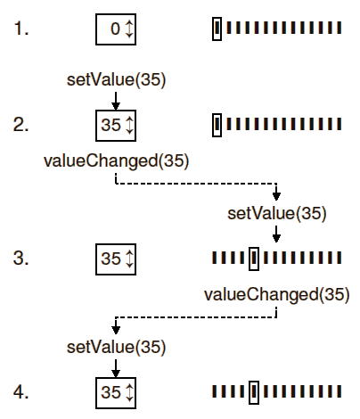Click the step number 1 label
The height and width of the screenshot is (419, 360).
[21, 29]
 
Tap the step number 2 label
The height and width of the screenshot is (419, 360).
[21, 125]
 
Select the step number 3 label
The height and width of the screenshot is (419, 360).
[21, 258]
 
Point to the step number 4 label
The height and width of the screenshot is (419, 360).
[21, 391]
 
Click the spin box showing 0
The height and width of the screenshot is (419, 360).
[116, 29]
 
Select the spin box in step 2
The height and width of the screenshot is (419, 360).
[116, 126]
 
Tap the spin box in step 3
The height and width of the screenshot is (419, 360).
[116, 259]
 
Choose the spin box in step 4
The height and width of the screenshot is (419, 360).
[116, 393]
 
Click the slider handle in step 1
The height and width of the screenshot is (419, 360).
[217, 29]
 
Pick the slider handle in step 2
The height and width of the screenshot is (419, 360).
[217, 125]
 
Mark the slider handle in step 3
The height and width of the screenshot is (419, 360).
[254, 259]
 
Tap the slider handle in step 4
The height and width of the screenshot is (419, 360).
[254, 392]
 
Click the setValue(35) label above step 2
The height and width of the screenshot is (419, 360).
[116, 80]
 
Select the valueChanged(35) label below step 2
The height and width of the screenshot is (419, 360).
[116, 160]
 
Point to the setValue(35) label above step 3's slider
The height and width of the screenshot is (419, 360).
[277, 214]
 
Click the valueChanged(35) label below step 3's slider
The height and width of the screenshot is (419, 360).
[277, 294]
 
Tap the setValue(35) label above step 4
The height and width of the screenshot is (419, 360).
[116, 348]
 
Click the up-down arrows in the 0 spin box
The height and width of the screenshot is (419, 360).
[129, 29]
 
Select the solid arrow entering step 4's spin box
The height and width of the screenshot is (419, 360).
[116, 368]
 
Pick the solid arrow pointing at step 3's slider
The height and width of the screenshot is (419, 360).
[276, 234]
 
